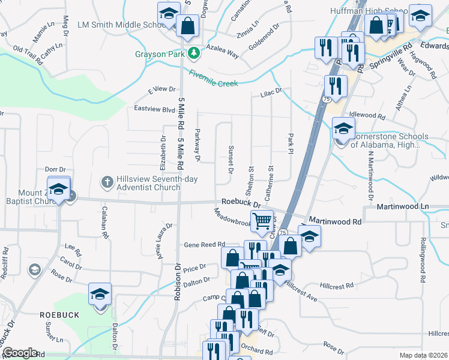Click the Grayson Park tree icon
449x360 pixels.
coord(193,53)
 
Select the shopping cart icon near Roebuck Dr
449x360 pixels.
coord(262,221)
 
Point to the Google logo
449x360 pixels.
coord(20,353)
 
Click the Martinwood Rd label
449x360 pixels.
coord(335,221)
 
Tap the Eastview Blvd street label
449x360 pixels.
coord(154,109)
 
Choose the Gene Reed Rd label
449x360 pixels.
coord(204,244)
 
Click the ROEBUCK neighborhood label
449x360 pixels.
coord(56,314)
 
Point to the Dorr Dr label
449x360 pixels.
coord(55,170)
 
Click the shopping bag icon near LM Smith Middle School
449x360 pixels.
coord(188,26)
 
